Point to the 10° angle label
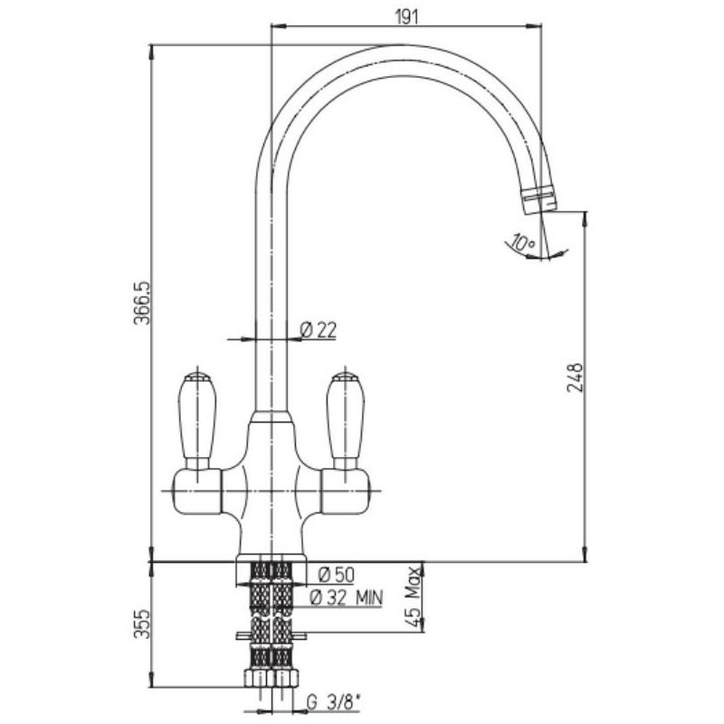coord(522,243)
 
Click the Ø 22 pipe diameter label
coord(317,330)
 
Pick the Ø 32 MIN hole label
coord(347,596)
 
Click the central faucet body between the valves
coord(271,489)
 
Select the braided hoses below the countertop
coord(271,615)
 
